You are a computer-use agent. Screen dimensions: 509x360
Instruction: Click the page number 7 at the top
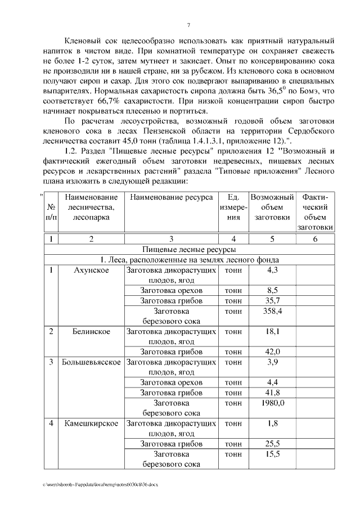188,25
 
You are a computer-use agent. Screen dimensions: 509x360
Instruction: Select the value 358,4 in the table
272,310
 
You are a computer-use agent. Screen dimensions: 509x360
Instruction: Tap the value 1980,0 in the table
272,403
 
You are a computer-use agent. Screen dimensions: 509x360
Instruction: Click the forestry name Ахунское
91,270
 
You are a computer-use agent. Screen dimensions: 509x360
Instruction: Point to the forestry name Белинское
91,331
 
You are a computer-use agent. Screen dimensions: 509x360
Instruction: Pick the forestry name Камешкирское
91,424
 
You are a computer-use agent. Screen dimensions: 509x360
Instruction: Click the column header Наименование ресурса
171,197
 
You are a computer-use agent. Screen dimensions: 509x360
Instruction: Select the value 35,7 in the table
272,300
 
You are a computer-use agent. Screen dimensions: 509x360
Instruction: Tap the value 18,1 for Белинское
272,331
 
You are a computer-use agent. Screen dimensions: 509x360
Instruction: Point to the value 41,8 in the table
272,393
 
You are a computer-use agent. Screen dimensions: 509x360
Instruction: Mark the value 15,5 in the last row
272,454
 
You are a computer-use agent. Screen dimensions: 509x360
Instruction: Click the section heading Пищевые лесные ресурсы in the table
188,249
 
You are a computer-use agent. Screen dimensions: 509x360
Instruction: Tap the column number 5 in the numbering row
272,238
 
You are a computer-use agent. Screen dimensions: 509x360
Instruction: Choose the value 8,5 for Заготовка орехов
272,290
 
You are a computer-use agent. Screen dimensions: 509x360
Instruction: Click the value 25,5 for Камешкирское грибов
272,444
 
